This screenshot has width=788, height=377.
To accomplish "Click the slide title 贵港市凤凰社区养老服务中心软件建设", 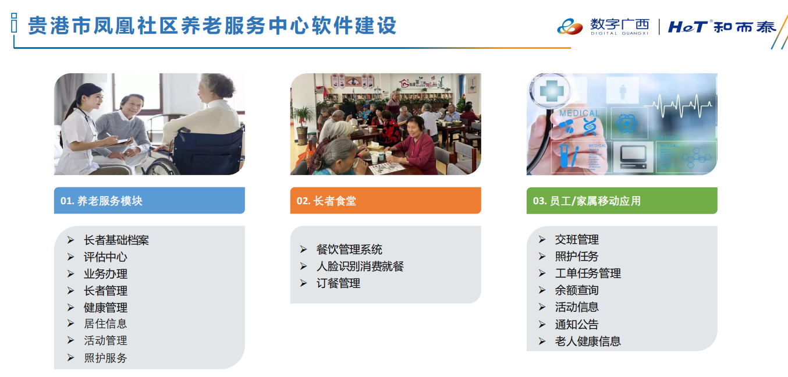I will [212, 26].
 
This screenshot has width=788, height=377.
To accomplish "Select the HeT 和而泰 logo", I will [722, 27].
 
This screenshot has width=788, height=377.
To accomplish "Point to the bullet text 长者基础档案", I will [116, 240].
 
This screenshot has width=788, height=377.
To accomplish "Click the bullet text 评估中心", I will [105, 257].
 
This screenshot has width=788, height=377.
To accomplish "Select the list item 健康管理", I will [105, 308].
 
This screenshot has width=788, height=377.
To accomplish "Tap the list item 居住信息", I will [105, 323].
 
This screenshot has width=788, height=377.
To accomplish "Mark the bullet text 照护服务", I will [105, 358].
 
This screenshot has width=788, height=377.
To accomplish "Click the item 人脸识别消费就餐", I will [360, 266].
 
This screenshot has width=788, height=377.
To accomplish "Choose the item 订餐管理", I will [338, 283].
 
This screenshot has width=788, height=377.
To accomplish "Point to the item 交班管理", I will [577, 240].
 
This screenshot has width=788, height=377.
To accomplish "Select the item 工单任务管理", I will [588, 273].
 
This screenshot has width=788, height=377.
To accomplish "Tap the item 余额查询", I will [577, 290].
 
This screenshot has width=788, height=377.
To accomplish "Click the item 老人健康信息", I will [588, 342].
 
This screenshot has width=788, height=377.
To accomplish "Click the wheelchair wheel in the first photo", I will [161, 166].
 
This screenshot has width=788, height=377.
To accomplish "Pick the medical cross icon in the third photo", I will [549, 91].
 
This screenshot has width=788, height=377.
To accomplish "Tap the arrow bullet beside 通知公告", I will [542, 325].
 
